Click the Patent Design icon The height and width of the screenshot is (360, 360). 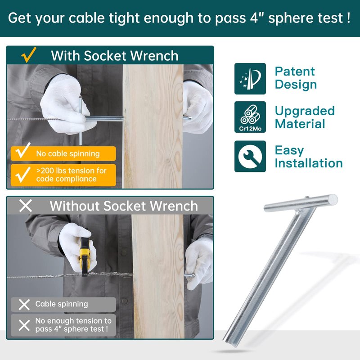250,78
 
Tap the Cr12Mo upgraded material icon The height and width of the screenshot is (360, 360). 250,117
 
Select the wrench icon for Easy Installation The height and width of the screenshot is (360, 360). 250,156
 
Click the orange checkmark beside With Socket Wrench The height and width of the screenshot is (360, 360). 29,54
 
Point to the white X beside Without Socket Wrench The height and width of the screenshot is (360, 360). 26,206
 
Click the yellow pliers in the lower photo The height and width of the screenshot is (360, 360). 85,257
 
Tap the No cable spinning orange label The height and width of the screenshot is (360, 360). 63,153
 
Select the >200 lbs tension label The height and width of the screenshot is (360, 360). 63,175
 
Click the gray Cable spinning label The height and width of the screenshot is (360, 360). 63,305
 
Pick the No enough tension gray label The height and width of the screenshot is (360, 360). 63,325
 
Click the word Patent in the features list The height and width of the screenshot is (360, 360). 295,72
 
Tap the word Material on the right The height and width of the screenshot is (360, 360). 300,124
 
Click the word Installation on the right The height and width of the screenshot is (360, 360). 309,163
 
